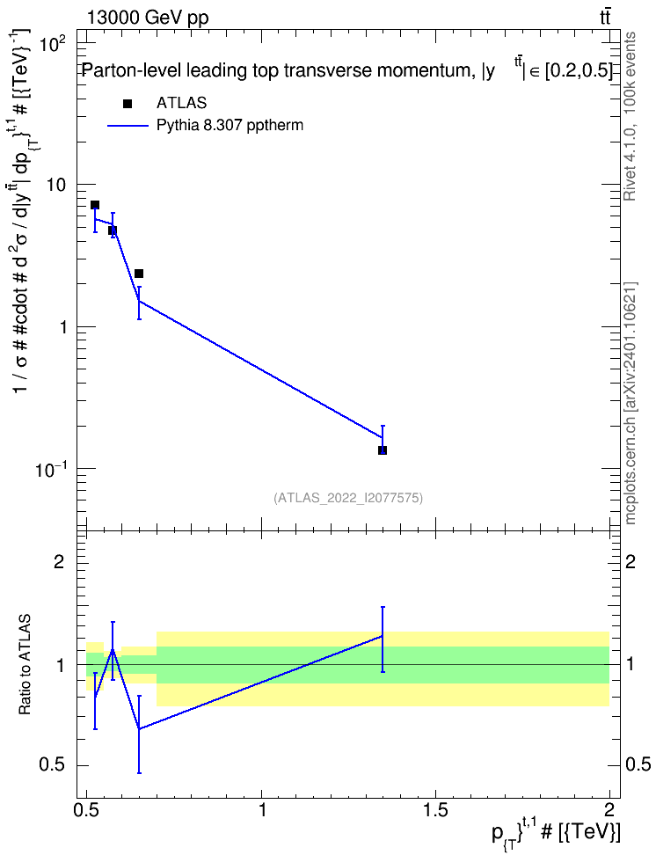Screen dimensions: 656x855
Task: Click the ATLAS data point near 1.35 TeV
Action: point(383,449)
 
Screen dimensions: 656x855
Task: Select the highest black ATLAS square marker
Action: point(95,205)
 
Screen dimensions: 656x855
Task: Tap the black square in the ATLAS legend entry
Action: point(128,104)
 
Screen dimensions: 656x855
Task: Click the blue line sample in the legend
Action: point(128,126)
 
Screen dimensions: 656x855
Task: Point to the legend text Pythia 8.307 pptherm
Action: point(230,126)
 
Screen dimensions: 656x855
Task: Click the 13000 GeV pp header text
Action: point(147,18)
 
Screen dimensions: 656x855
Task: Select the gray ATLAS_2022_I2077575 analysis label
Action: point(348,497)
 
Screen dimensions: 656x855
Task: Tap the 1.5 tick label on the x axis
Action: point(435,810)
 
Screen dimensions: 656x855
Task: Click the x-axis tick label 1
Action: point(262,810)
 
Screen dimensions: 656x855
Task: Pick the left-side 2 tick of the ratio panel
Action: point(59,562)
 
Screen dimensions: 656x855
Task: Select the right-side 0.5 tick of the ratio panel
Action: point(638,765)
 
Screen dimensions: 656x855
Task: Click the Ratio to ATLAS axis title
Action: point(26,665)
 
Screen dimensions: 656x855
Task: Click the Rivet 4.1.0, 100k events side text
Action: point(630,117)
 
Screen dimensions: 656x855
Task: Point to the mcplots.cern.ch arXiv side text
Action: point(630,403)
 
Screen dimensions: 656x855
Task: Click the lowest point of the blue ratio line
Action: point(139,729)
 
